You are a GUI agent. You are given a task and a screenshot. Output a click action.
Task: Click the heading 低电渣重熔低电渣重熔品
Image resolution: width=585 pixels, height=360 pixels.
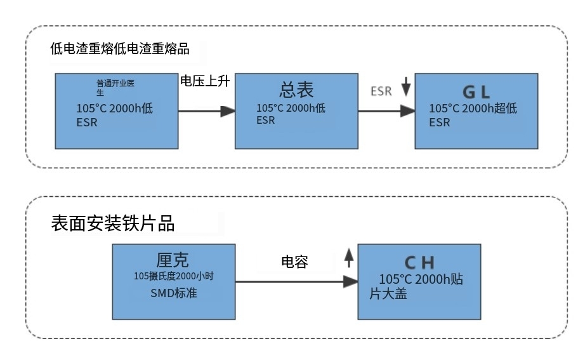coord(119,49)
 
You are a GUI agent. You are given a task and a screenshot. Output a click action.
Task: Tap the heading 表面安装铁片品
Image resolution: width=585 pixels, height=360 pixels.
coord(112,223)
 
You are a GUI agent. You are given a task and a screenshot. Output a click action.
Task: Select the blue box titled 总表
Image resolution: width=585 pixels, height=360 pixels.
coord(296,110)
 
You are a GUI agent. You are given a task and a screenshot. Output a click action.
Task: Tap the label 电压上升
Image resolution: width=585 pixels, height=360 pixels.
coord(204,81)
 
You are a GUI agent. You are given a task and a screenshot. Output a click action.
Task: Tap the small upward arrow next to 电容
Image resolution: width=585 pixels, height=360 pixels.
coord(348,257)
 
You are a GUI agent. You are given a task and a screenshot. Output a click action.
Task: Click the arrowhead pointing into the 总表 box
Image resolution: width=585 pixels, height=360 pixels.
coord(228,111)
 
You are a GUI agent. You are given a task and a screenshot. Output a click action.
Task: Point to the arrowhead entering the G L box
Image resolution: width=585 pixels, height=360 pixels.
coord(407,111)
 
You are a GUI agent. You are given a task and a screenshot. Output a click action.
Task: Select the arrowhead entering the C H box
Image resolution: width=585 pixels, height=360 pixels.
coord(350,280)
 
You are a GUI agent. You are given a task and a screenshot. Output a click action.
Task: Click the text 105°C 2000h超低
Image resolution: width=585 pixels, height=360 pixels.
coord(473,109)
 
